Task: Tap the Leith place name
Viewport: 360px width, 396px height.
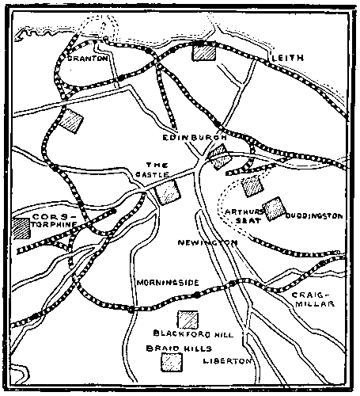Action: click(286, 59)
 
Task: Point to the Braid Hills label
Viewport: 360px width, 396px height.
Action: click(172, 348)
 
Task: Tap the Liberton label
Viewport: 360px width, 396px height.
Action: click(227, 361)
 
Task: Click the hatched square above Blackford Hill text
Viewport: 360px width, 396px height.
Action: click(188, 318)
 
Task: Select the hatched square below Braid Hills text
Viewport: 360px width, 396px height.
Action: click(171, 362)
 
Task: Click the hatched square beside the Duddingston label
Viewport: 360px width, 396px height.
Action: click(275, 208)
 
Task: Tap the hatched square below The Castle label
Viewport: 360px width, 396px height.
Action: click(168, 192)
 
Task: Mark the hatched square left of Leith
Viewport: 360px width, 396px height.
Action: click(204, 52)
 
